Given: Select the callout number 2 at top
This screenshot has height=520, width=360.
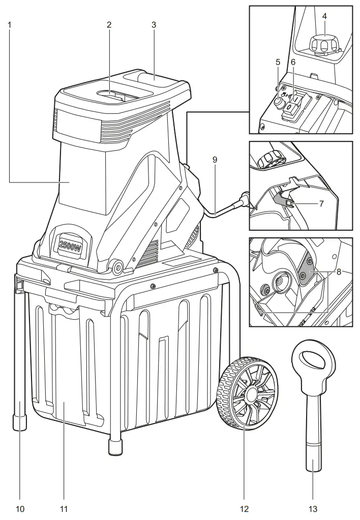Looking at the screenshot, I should tap(108, 23).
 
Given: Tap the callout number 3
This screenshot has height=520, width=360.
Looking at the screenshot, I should tap(154, 23).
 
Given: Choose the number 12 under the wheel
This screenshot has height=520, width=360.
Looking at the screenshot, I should tap(245, 507).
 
